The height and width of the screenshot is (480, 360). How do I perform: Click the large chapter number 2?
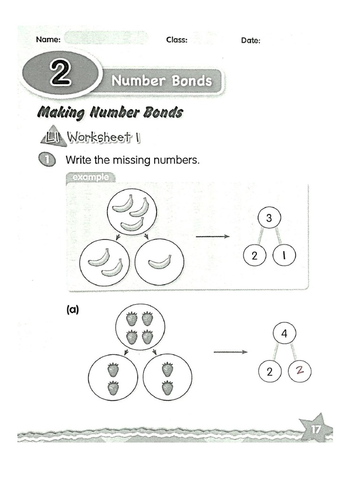pyautogui.click(x=60, y=74)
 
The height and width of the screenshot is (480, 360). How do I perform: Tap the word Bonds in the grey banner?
pyautogui.click(x=191, y=81)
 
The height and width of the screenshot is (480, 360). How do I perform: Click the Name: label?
pyautogui.click(x=48, y=40)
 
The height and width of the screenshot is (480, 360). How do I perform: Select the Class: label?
pyautogui.click(x=177, y=40)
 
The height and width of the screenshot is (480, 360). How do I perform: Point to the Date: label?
pyautogui.click(x=251, y=41)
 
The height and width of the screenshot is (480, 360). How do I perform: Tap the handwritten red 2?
pyautogui.click(x=300, y=372)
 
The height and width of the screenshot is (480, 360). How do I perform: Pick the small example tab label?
pyautogui.click(x=90, y=177)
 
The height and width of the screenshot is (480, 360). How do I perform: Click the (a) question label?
pyautogui.click(x=72, y=309)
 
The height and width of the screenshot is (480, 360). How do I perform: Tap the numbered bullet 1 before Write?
pyautogui.click(x=46, y=160)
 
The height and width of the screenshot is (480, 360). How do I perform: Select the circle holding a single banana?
pyautogui.click(x=159, y=262)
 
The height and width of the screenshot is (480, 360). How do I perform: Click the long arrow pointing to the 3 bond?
pyautogui.click(x=213, y=237)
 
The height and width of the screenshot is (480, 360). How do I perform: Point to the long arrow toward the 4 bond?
pyautogui.click(x=230, y=352)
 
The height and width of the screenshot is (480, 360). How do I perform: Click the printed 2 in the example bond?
pyautogui.click(x=255, y=256)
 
